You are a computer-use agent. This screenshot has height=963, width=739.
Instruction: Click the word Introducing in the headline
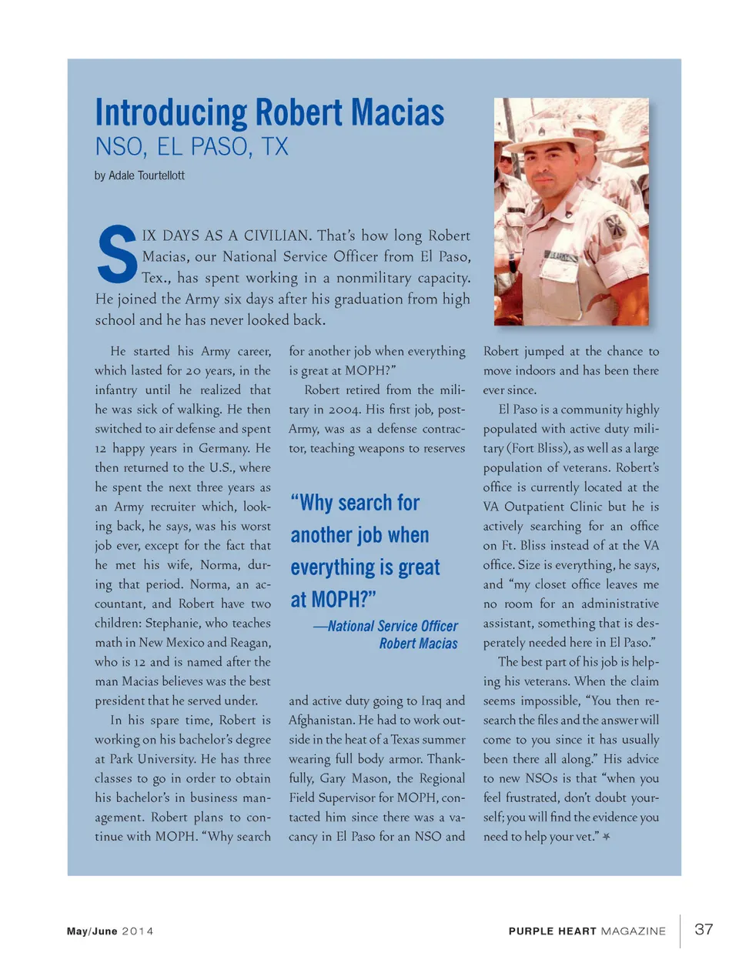coord(171,112)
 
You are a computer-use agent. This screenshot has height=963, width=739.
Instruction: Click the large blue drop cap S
coord(117,255)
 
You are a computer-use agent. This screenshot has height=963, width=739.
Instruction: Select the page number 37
coord(704,929)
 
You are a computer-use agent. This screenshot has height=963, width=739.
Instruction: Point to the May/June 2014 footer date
coord(110,931)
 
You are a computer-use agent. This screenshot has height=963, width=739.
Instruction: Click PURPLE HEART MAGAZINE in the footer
coord(587,931)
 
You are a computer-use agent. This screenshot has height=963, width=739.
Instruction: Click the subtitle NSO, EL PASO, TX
coord(192,147)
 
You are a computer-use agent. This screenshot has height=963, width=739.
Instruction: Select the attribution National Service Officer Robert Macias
coord(389,635)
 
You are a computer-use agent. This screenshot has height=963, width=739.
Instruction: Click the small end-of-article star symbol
coord(607,837)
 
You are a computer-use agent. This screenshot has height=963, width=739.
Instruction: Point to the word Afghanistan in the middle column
coord(322,721)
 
